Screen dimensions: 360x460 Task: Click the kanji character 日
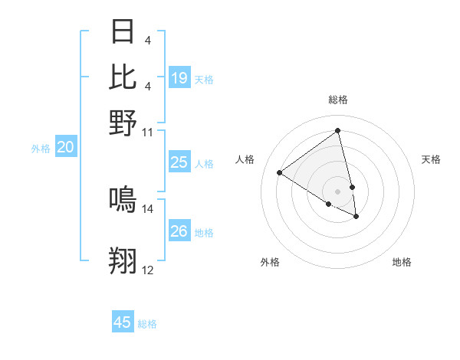tap(123, 31)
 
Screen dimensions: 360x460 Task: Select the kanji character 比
tap(123, 77)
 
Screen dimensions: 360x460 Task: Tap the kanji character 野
tap(123, 123)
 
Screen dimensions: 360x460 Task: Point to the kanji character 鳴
tap(123, 199)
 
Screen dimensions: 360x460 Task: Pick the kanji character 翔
tap(123, 260)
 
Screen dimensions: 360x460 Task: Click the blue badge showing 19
tap(179, 78)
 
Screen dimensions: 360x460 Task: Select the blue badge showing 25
tap(179, 162)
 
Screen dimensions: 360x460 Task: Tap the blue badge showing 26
tap(179, 231)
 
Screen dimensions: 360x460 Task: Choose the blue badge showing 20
tap(65, 148)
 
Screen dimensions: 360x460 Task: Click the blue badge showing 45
tap(123, 322)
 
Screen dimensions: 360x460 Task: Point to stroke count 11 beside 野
tap(148, 133)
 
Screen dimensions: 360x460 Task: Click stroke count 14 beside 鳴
tap(148, 208)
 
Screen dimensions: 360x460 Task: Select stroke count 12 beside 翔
tap(148, 270)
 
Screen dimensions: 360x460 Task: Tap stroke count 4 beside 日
tap(147, 39)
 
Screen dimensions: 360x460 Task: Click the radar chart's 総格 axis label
tap(338, 100)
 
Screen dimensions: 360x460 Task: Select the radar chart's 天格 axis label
tap(432, 159)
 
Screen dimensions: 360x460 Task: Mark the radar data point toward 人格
tap(279, 173)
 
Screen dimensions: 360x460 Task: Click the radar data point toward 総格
tap(338, 130)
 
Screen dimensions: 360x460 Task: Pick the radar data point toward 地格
tap(356, 217)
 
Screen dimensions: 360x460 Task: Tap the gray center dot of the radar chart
tap(338, 191)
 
